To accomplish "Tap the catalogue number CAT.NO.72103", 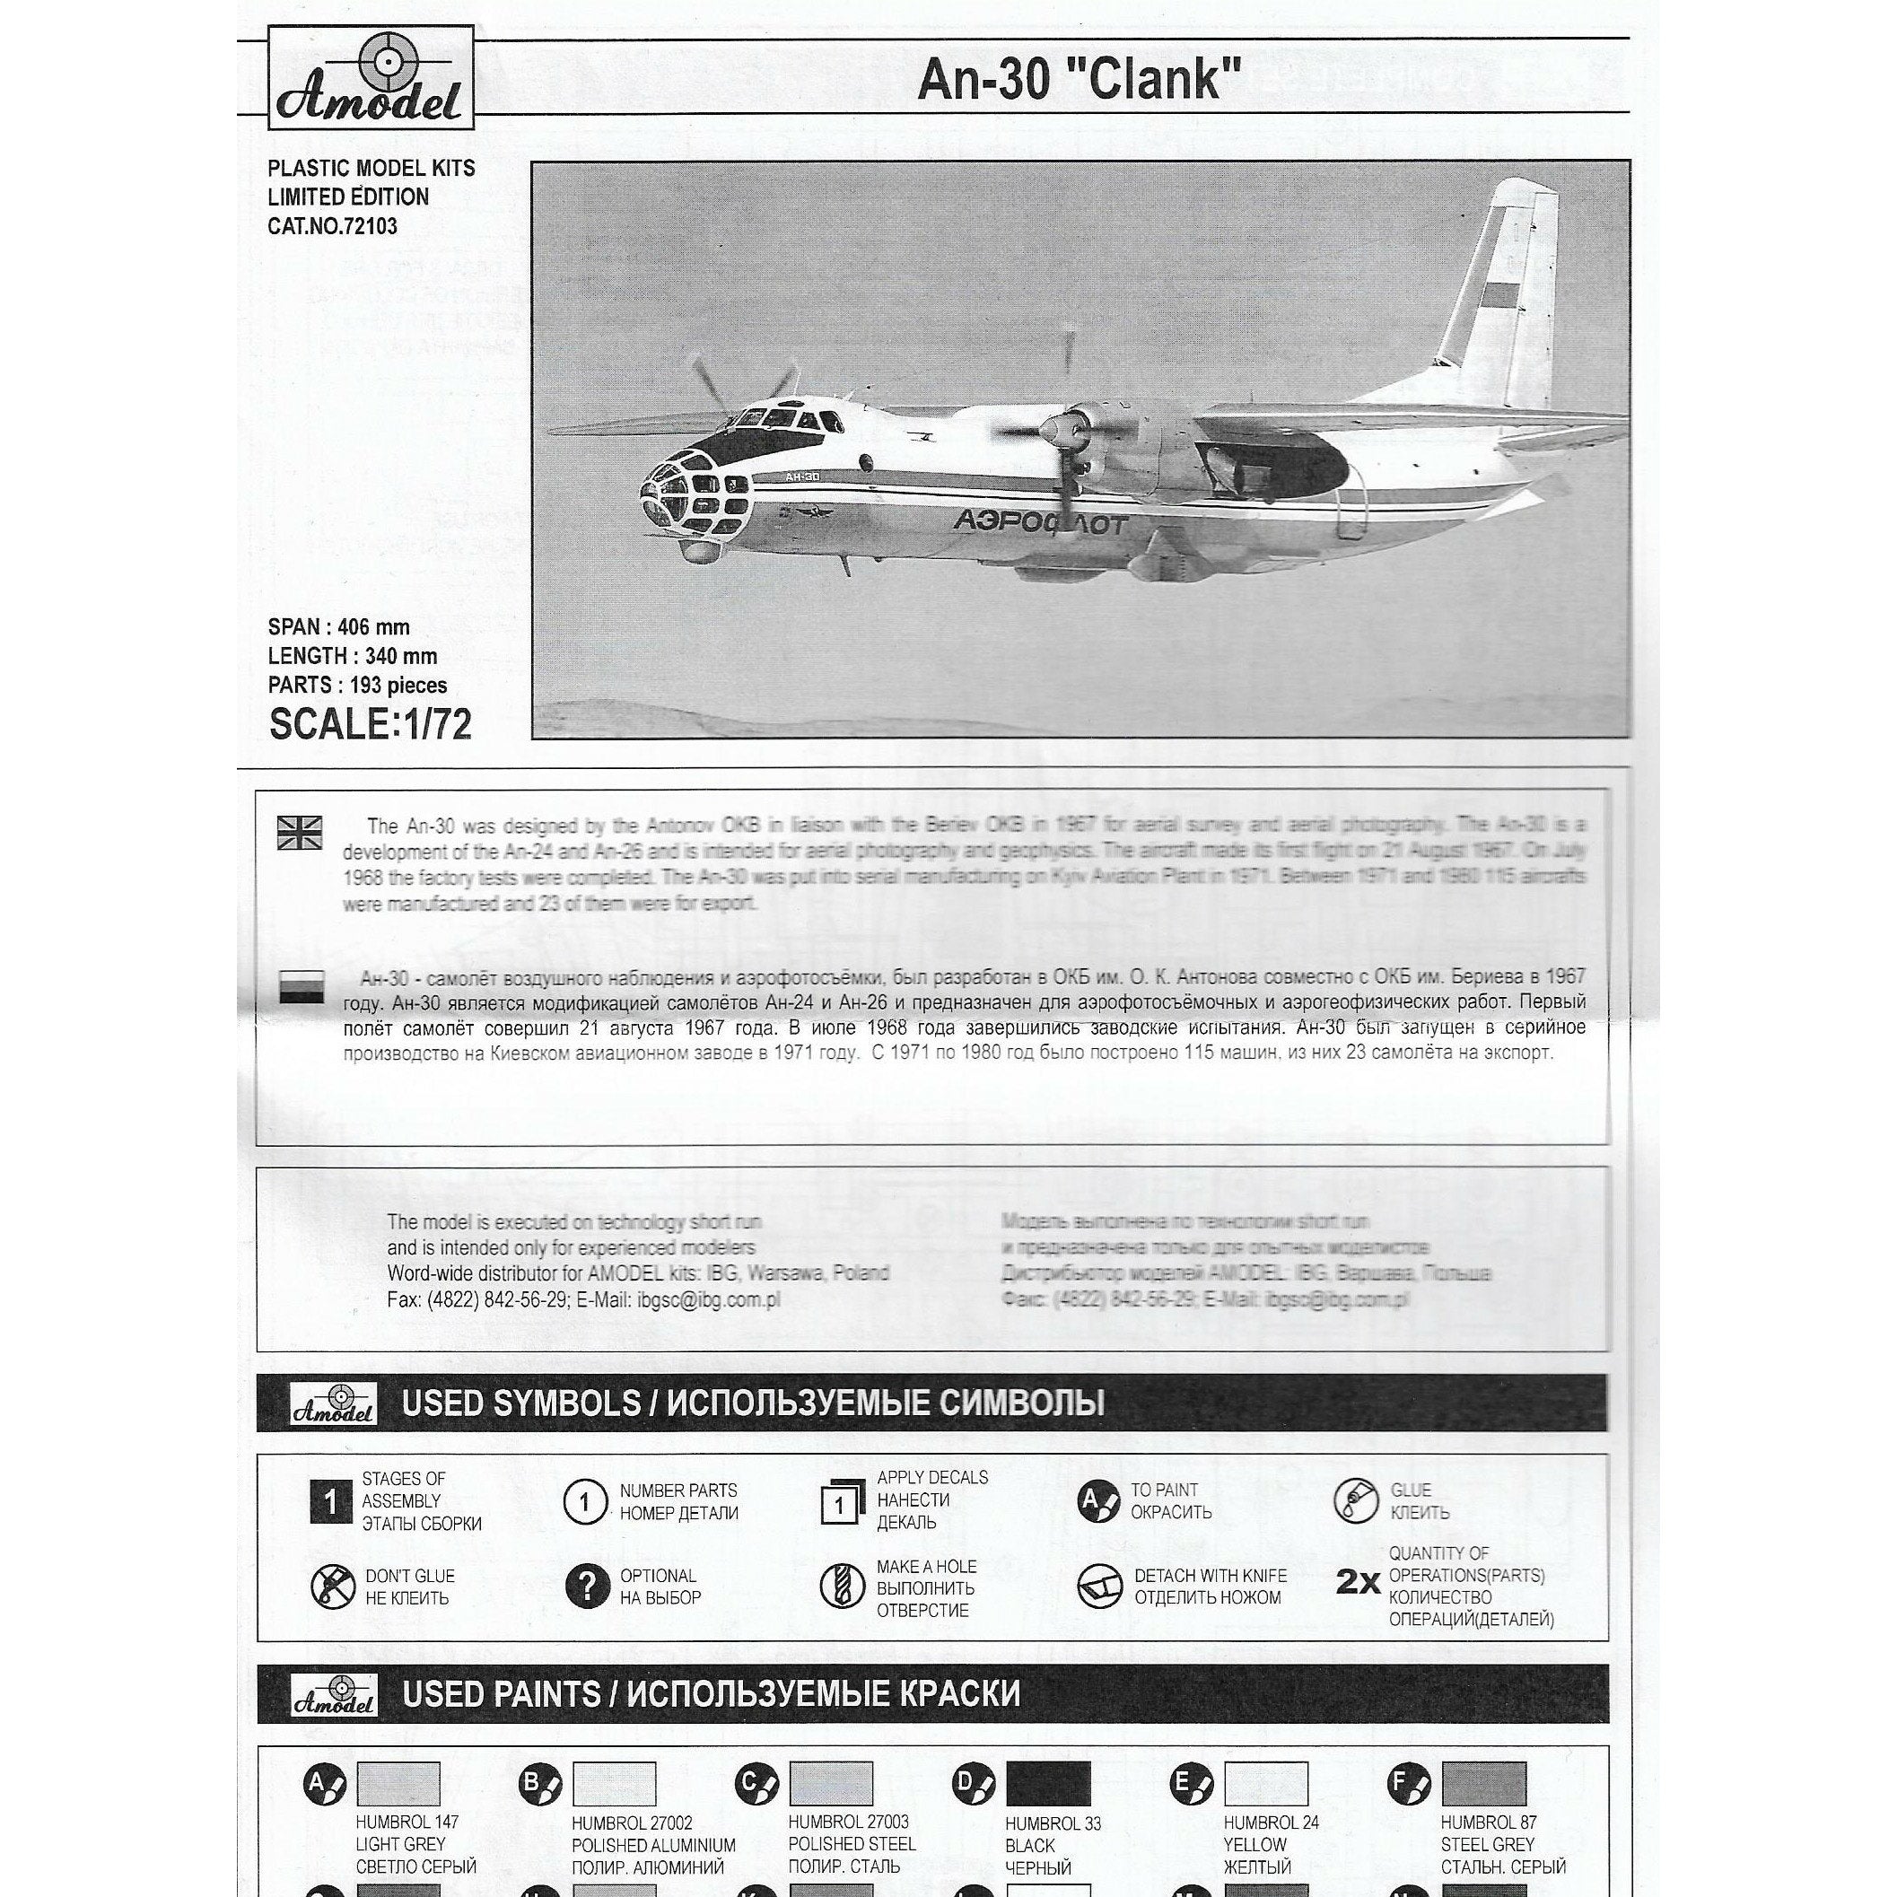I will click(x=332, y=227).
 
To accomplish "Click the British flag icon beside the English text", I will click(x=300, y=832).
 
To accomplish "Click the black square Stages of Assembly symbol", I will click(x=330, y=1501).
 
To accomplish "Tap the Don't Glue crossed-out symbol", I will click(x=332, y=1587).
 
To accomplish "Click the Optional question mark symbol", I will click(x=586, y=1586).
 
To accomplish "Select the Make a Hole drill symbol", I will click(x=842, y=1587).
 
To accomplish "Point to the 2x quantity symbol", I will click(x=1358, y=1582).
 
